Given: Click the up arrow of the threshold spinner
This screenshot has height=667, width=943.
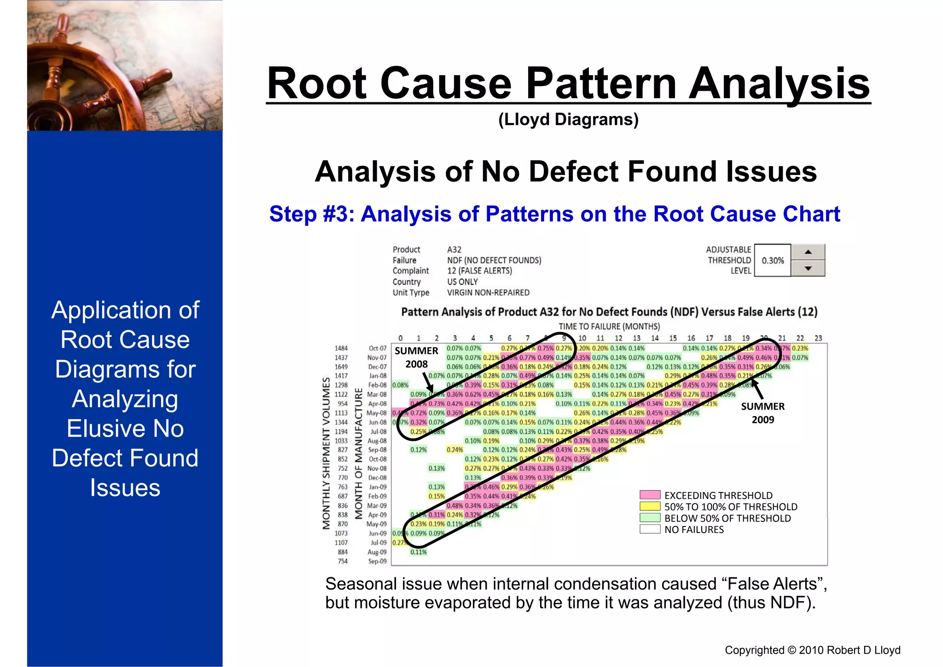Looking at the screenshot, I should tap(808, 252).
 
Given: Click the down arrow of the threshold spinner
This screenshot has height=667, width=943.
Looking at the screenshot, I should tap(808, 268).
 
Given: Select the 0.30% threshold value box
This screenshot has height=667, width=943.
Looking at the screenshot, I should tap(773, 260).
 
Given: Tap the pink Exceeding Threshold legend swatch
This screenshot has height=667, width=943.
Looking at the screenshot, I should tap(650, 495).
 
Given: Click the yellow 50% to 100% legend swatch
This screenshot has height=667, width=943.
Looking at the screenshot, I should tap(650, 507).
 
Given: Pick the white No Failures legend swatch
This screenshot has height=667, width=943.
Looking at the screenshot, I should tap(650, 529).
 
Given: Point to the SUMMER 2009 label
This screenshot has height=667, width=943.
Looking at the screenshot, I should tap(763, 413).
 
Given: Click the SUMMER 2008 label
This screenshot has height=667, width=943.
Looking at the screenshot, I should tap(416, 357).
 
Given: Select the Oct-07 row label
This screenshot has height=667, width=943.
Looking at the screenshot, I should tap(378, 348).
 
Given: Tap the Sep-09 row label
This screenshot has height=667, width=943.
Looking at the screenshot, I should tap(378, 561).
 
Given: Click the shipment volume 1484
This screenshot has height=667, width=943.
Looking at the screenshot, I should tap(341, 348).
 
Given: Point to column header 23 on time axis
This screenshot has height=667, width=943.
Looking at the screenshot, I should tap(818, 338).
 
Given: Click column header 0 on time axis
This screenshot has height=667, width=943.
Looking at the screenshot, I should tap(401, 338).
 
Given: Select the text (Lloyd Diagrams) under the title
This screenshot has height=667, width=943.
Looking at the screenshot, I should tap(568, 119).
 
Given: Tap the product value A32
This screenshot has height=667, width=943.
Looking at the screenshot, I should tap(454, 250).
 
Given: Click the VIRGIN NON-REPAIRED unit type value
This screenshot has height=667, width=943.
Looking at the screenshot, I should tap(488, 293).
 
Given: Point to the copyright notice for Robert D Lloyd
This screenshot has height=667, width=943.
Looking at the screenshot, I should tap(812, 650).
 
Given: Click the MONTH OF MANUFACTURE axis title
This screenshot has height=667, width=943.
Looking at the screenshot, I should tap(359, 454).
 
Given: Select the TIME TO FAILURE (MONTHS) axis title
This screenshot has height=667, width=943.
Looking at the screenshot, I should tap(609, 326).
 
